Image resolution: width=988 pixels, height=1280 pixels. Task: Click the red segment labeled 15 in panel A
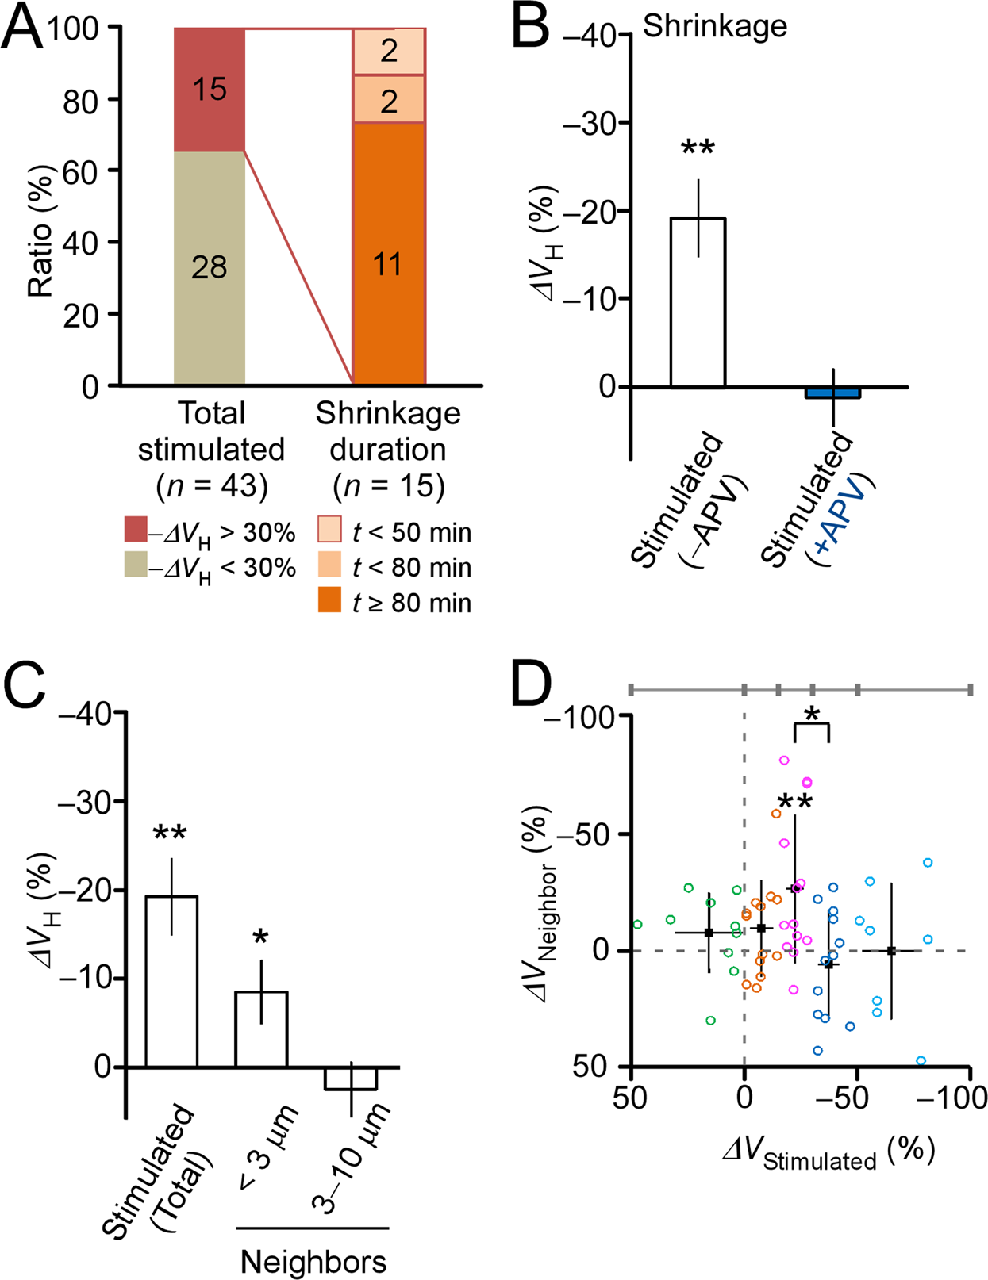point(210,89)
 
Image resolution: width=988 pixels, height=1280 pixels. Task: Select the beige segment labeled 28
point(210,268)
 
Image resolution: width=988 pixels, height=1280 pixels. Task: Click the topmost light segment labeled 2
point(389,51)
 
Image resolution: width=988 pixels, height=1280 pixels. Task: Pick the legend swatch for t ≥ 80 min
point(329,600)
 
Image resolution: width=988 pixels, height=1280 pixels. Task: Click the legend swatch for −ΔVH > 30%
point(136,529)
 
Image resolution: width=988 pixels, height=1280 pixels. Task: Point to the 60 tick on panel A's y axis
point(79,171)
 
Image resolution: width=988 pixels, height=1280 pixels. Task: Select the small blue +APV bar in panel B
point(833,393)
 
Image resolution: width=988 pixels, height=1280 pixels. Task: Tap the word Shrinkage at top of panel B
point(714,26)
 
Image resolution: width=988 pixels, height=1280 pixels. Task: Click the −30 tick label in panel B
point(594,123)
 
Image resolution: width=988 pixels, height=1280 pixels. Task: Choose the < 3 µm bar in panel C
point(261,1029)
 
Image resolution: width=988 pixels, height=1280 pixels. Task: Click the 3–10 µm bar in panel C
point(351,1079)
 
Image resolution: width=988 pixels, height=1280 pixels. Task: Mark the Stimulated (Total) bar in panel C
point(171,981)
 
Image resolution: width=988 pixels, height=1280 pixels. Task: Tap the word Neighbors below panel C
point(313,1261)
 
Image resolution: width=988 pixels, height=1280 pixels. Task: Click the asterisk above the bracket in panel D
point(811,713)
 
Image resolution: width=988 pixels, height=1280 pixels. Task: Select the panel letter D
point(529,688)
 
